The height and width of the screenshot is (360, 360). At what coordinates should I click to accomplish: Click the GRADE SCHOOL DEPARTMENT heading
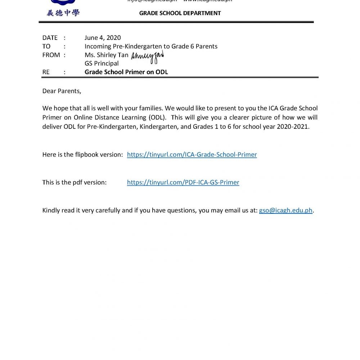coord(180,13)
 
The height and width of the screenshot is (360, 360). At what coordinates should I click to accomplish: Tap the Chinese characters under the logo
coord(63,13)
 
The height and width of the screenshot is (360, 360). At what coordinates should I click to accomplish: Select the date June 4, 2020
coord(103,38)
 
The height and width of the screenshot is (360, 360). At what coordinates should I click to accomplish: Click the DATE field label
coord(50,38)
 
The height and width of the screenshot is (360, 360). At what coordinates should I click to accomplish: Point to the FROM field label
coord(51,55)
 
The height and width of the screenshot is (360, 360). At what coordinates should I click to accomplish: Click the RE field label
coord(46,72)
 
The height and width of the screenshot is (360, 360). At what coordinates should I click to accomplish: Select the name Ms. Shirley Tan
coord(106,55)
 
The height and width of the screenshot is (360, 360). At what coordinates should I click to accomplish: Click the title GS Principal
coord(102,64)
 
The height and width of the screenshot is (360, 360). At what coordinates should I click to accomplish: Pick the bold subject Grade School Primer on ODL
coord(126,72)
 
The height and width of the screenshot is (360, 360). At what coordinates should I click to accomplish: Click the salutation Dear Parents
coord(62,91)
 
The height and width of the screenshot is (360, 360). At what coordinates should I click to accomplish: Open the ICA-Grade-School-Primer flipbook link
coord(192,155)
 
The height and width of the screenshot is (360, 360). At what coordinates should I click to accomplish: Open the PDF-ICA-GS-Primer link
coord(183,183)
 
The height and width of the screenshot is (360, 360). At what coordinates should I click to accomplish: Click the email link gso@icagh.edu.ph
coord(285,211)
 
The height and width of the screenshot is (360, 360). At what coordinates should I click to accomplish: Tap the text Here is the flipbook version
coord(82,155)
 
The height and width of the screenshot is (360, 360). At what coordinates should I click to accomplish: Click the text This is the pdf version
coord(74,183)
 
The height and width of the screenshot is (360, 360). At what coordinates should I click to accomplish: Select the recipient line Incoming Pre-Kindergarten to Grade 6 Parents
coord(151,46)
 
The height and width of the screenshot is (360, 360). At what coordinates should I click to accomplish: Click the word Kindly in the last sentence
coord(52,211)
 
